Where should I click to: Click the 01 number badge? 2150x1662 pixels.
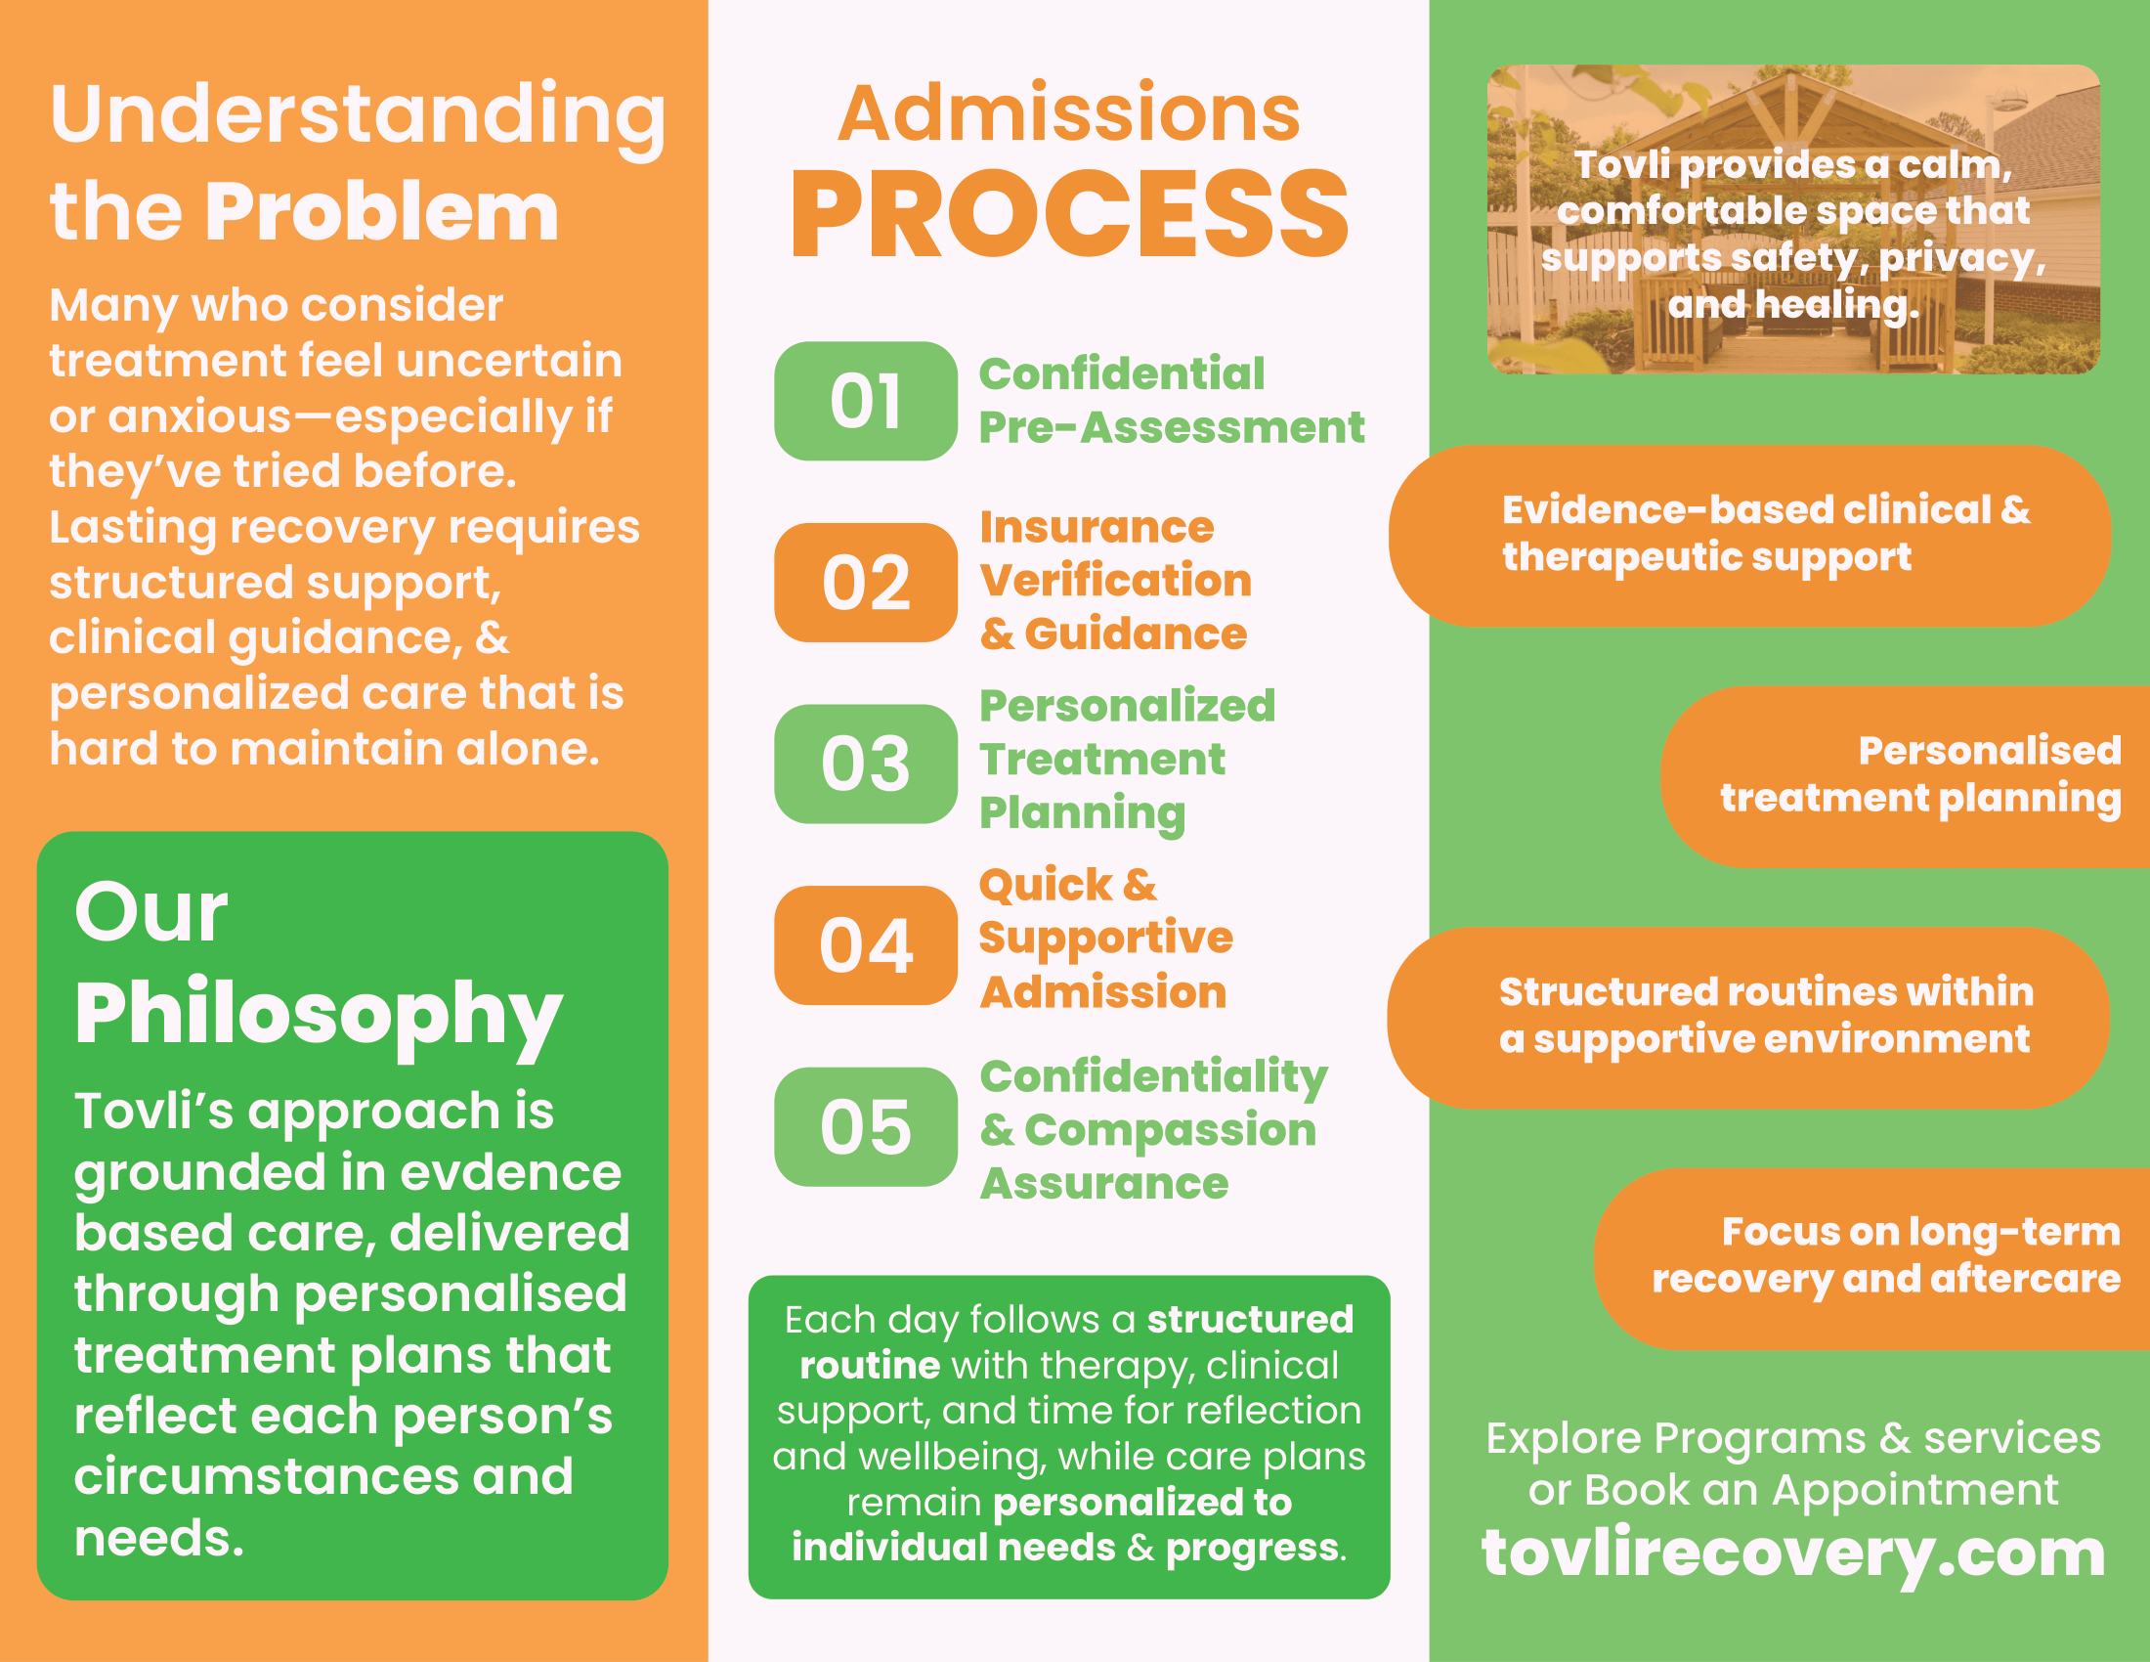tap(865, 401)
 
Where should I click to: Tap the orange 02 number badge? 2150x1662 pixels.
tap(865, 582)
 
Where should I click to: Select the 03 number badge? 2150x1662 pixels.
tap(865, 764)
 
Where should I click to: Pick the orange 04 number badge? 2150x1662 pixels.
tap(865, 945)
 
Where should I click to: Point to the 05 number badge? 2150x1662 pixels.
tap(865, 1126)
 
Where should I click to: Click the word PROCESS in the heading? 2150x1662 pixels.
tap(1069, 215)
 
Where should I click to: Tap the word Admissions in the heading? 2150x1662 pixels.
tap(1069, 113)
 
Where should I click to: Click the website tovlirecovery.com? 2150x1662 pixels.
tap(1792, 1553)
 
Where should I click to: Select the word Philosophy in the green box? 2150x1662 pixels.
tap(318, 1014)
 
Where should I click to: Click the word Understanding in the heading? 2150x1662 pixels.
tap(358, 116)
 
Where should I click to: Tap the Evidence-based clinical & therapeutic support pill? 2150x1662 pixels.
tap(1750, 535)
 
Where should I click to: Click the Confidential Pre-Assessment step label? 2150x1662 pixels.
tap(1171, 401)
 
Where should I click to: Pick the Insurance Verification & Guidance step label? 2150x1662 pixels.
tap(1114, 581)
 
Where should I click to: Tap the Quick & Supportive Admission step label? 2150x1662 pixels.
tap(1104, 939)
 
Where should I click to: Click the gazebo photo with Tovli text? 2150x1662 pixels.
tap(1792, 219)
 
